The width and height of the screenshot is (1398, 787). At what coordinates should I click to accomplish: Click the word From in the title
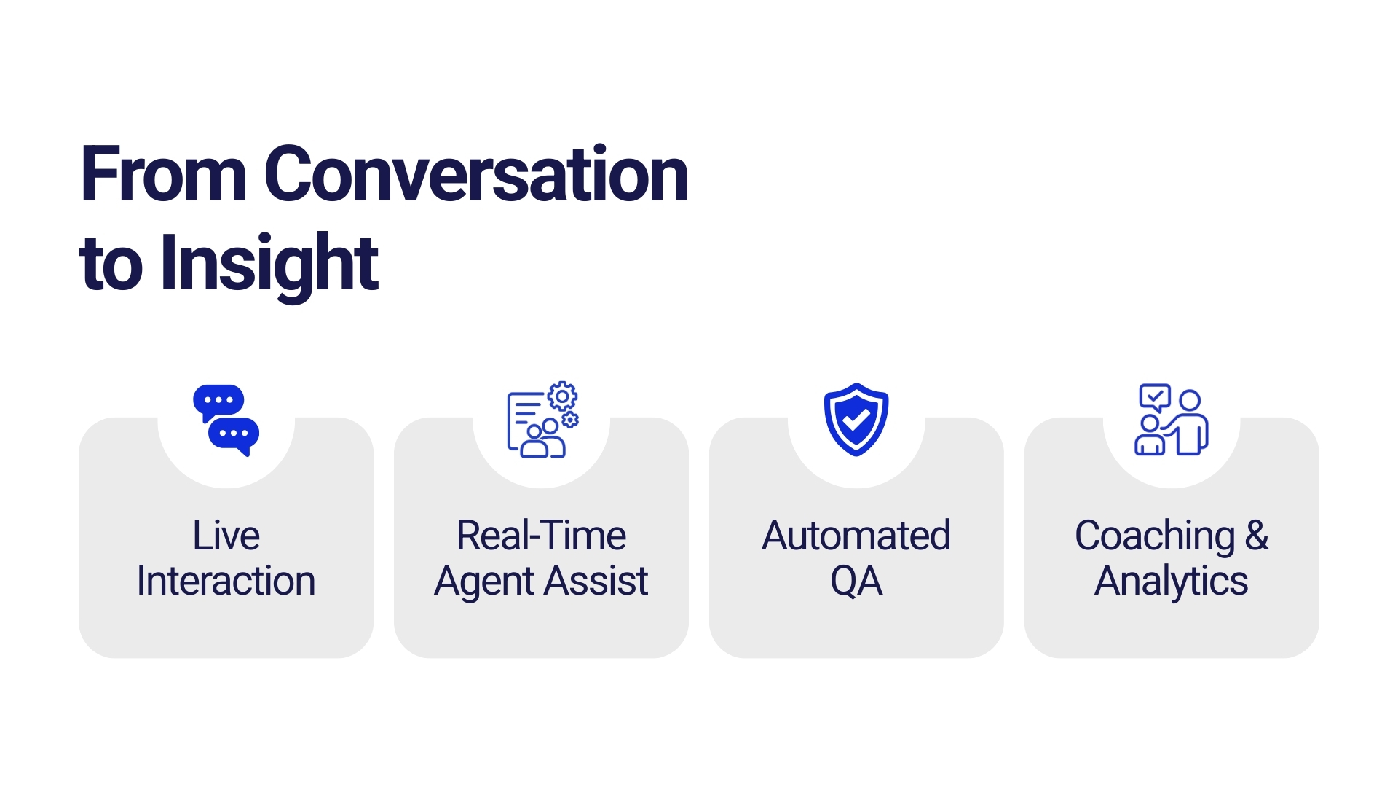pyautogui.click(x=164, y=174)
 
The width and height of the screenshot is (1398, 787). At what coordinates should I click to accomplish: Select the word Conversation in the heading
pyautogui.click(x=476, y=174)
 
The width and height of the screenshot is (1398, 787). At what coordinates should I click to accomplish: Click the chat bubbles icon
pyautogui.click(x=226, y=420)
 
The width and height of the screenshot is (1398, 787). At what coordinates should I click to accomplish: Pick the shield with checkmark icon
pyautogui.click(x=856, y=420)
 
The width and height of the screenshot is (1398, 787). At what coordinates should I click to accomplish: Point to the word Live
pyautogui.click(x=226, y=536)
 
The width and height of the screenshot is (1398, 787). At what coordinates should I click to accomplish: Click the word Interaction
pyautogui.click(x=226, y=582)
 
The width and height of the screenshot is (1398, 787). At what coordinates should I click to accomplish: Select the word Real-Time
pyautogui.click(x=541, y=536)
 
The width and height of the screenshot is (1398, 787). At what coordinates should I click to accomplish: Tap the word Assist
pyautogui.click(x=596, y=582)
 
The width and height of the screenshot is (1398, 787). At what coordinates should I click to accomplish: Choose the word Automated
pyautogui.click(x=856, y=536)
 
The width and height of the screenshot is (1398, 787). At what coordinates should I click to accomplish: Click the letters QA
pyautogui.click(x=856, y=582)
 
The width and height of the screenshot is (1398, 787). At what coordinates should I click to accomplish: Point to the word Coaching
pyautogui.click(x=1155, y=537)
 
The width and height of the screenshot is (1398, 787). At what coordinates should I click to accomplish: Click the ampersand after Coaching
pyautogui.click(x=1257, y=536)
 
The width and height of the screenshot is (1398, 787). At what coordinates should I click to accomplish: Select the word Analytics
pyautogui.click(x=1172, y=582)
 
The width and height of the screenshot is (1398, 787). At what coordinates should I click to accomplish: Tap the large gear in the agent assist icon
pyautogui.click(x=562, y=397)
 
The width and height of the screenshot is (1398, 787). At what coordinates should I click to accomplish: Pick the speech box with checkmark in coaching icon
pyautogui.click(x=1155, y=398)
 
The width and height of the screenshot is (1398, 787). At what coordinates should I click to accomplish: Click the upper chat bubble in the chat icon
pyautogui.click(x=218, y=402)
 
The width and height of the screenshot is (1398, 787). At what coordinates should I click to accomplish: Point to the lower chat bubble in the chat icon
pyautogui.click(x=234, y=436)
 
